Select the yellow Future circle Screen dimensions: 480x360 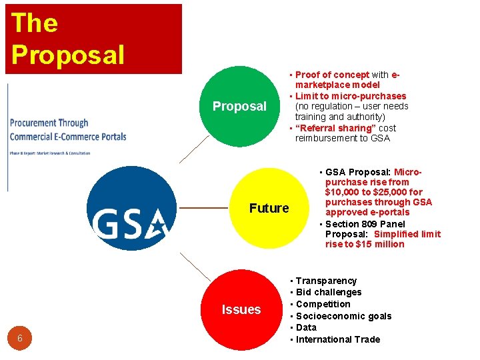tap(269, 208)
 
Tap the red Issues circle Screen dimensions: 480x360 tap(241, 309)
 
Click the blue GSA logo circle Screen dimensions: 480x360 tap(132, 208)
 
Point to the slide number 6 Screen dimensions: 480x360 tap(20, 339)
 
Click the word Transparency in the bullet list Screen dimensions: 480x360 tap(326, 281)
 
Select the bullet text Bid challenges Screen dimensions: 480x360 tap(329, 292)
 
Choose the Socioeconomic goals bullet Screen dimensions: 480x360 tap(343, 316)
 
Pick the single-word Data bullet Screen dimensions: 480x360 tap(307, 327)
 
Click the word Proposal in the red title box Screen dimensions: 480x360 tap(67, 55)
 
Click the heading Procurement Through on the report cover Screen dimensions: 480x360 tap(49, 123)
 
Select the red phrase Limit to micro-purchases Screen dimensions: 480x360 tap(351, 96)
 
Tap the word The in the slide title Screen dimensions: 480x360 tap(35, 23)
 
